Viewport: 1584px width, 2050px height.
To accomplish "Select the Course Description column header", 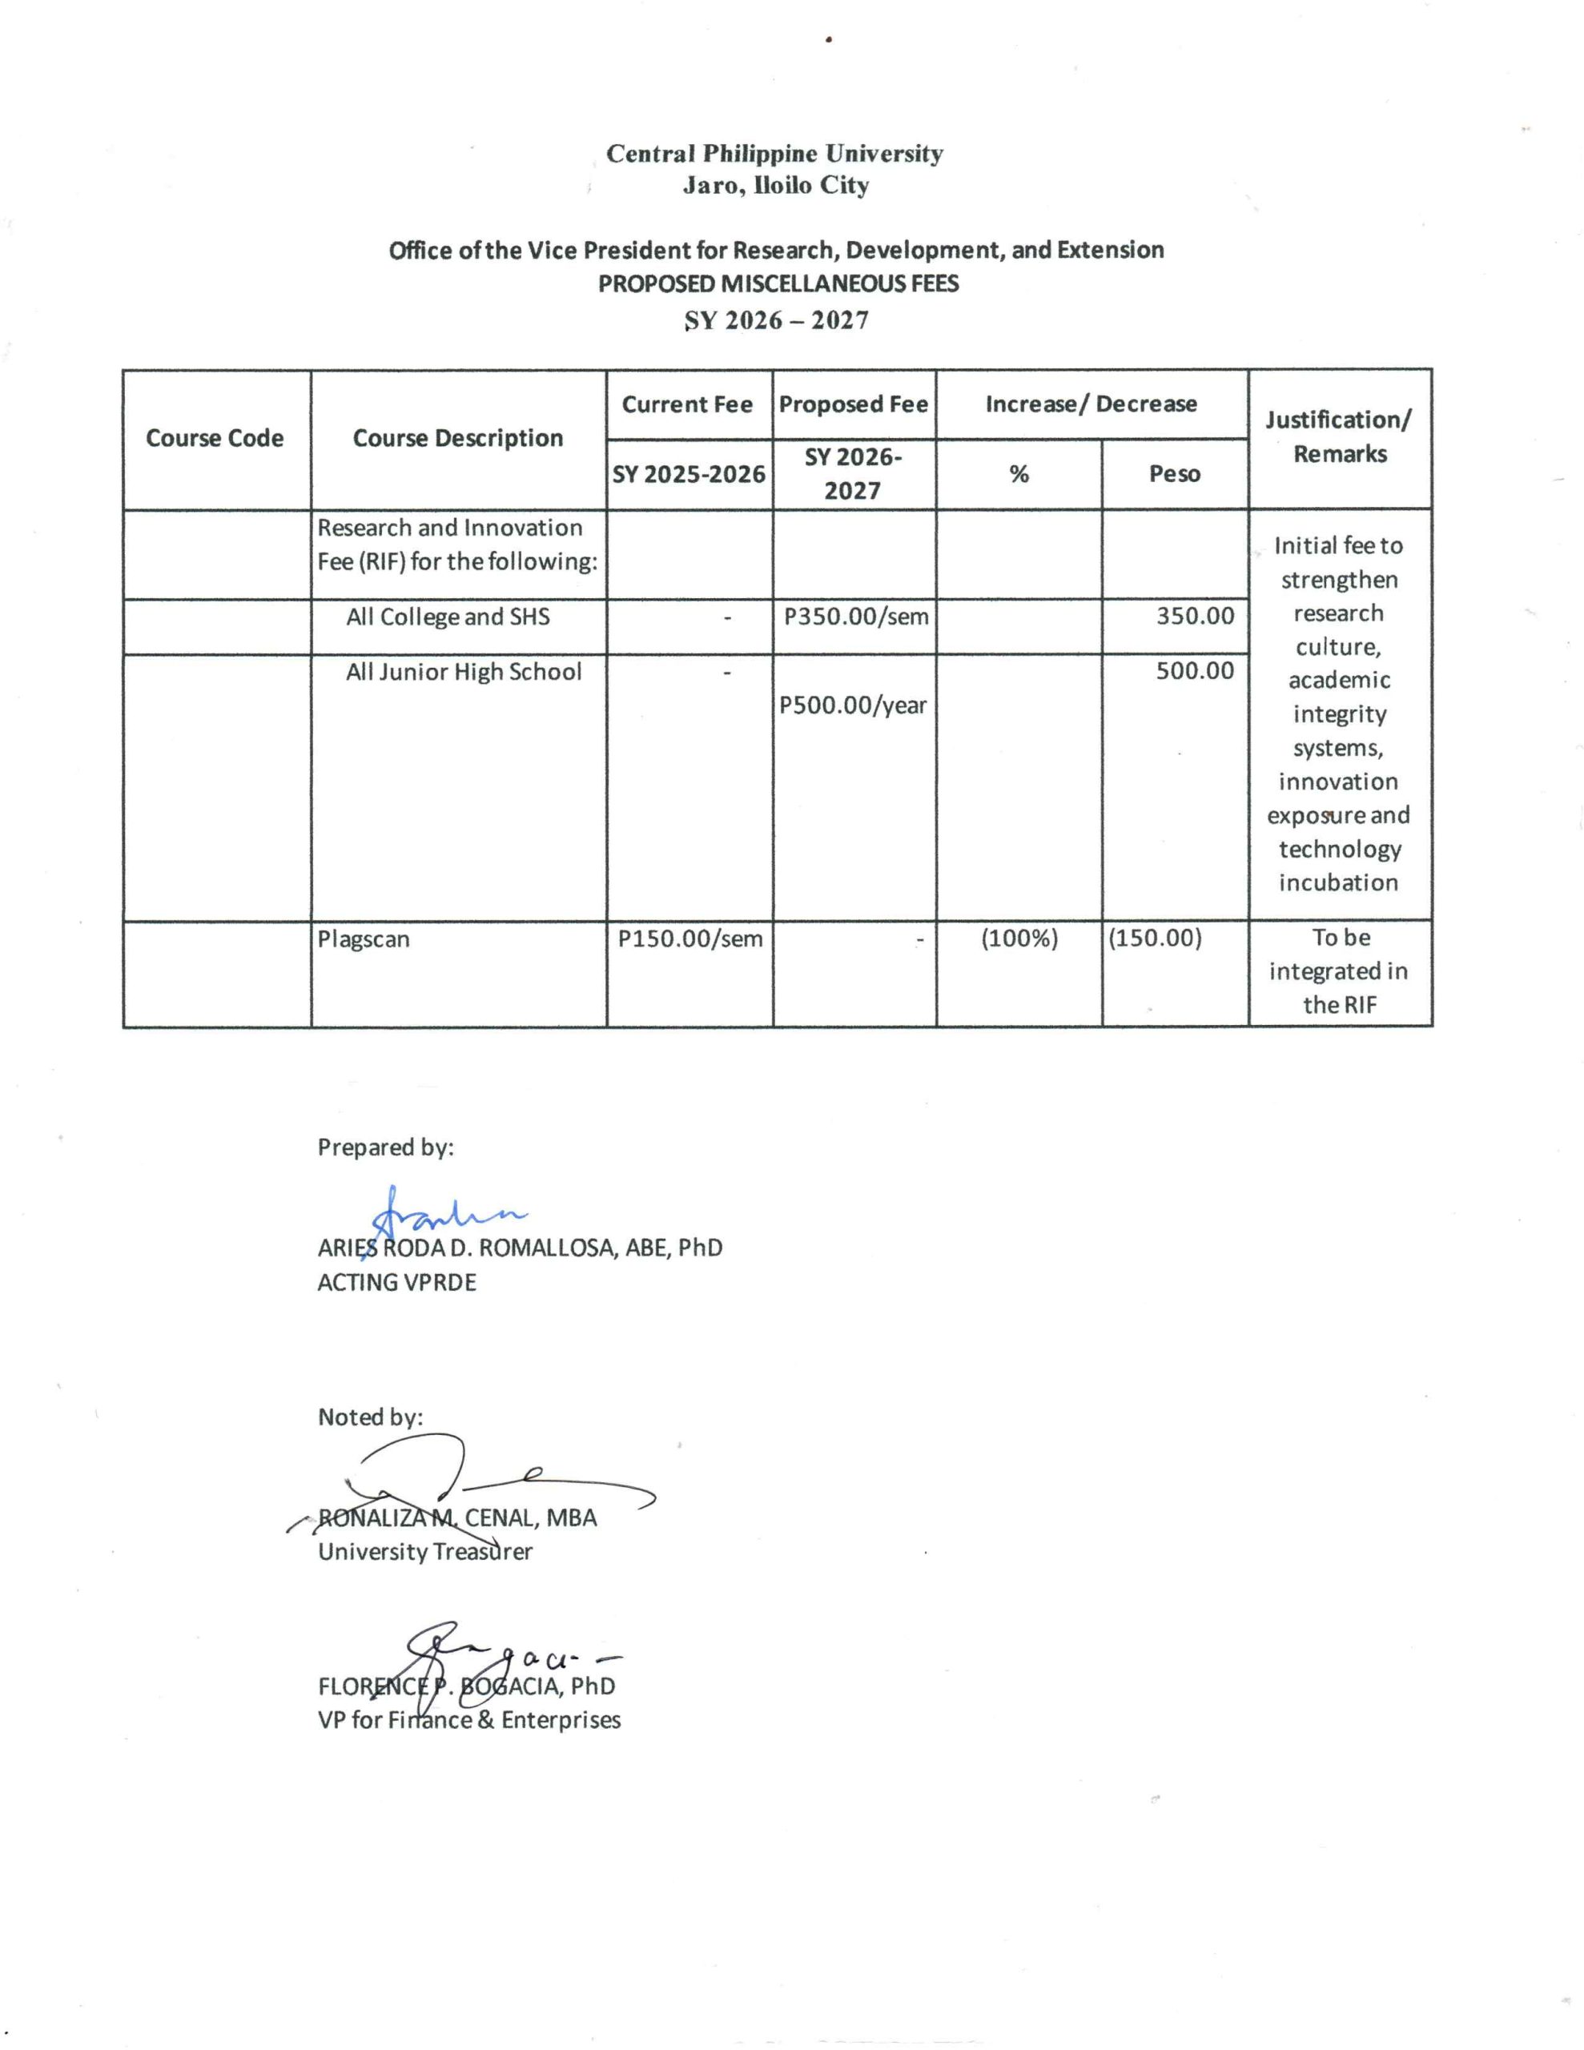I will pos(457,438).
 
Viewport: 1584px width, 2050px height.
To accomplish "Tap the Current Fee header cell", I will pos(687,404).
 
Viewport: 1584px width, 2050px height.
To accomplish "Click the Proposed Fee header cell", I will pos(854,404).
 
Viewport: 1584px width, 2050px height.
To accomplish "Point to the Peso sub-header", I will pos(1175,474).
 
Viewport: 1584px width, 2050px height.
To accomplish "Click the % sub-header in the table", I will pos(1019,474).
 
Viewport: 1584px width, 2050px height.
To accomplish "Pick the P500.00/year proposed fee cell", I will pos(854,705).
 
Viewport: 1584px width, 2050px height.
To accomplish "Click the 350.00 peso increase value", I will pos(1194,616).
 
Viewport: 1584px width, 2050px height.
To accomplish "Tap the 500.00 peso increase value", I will pos(1194,670).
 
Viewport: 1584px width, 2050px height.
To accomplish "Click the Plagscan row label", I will pos(364,939).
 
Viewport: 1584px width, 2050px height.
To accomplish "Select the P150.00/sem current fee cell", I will pos(690,939).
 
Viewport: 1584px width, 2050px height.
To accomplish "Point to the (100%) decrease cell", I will pos(1019,939).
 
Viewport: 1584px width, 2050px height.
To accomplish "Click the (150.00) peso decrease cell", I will pos(1155,939).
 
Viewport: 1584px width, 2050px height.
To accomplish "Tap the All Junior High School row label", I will pos(464,672).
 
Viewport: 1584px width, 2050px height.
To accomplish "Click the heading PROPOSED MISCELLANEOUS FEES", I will pos(778,283).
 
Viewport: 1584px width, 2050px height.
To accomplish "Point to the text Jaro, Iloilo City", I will pos(775,186).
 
